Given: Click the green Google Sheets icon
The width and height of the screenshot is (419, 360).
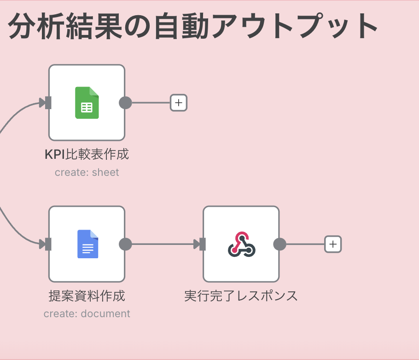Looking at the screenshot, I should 87,103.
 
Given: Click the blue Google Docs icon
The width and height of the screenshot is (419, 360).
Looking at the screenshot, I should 87,244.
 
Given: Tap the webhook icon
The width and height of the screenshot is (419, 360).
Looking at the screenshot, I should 241,244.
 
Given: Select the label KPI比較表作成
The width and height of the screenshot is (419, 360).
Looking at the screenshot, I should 87,154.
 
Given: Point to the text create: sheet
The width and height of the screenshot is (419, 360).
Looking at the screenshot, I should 87,173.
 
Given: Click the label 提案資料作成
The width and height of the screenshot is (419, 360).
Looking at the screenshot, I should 87,296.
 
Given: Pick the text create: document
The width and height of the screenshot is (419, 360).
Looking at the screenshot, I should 87,314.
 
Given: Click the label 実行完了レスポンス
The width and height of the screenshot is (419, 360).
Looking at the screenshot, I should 241,296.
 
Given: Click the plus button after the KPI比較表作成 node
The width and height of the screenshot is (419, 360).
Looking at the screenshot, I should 179,103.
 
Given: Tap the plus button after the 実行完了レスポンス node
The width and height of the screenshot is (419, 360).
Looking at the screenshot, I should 333,244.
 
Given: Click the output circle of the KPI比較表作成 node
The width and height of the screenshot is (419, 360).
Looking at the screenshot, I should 125,103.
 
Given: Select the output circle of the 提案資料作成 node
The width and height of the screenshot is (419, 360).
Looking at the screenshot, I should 125,244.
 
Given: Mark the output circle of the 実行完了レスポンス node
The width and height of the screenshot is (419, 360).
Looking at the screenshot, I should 279,244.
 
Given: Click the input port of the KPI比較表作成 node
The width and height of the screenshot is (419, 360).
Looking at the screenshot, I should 47,103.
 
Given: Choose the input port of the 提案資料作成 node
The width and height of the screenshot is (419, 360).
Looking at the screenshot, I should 47,244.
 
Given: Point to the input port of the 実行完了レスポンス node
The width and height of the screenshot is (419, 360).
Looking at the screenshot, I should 202,244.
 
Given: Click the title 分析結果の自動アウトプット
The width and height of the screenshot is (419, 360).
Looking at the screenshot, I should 193,26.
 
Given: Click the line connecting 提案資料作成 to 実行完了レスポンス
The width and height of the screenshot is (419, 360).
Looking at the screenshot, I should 161,244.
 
